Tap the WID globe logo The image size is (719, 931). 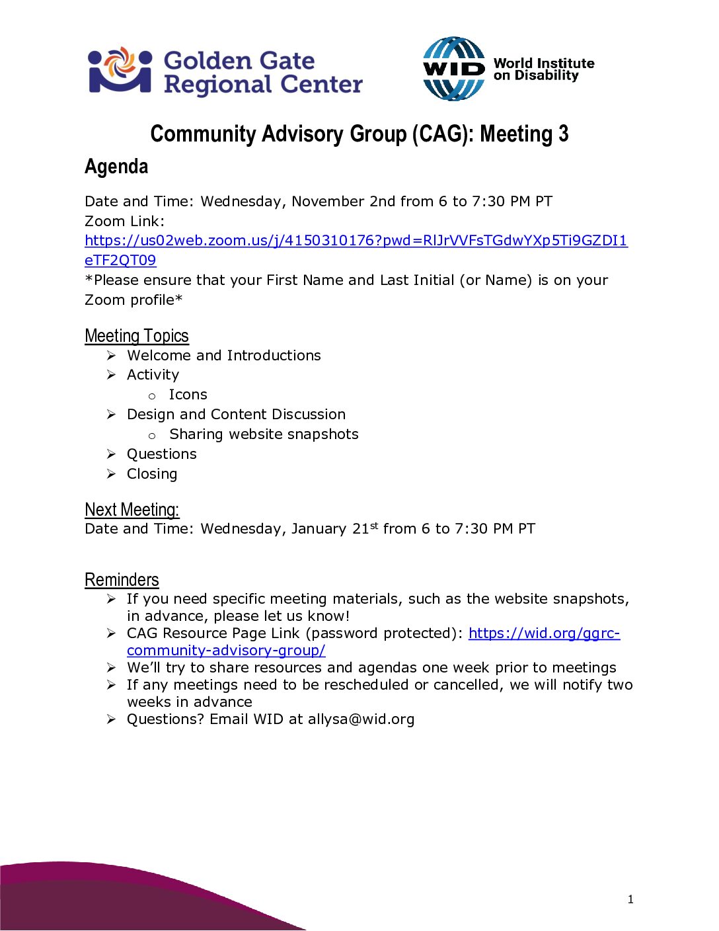[453, 69]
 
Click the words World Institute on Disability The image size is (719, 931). [543, 69]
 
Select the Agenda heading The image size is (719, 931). [116, 167]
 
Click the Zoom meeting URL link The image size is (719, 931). [356, 241]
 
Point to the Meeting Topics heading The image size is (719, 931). [137, 336]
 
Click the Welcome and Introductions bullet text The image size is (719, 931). [224, 356]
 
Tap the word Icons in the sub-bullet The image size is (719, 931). [188, 395]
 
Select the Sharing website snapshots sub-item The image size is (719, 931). [264, 434]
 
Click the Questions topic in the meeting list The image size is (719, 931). [162, 454]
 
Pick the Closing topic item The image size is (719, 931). [152, 474]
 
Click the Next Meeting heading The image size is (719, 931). [132, 510]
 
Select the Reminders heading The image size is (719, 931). [122, 580]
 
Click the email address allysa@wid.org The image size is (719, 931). [361, 719]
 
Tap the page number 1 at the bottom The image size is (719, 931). [630, 899]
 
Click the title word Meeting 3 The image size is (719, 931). [524, 134]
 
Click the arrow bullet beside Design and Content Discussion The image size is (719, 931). [112, 415]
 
